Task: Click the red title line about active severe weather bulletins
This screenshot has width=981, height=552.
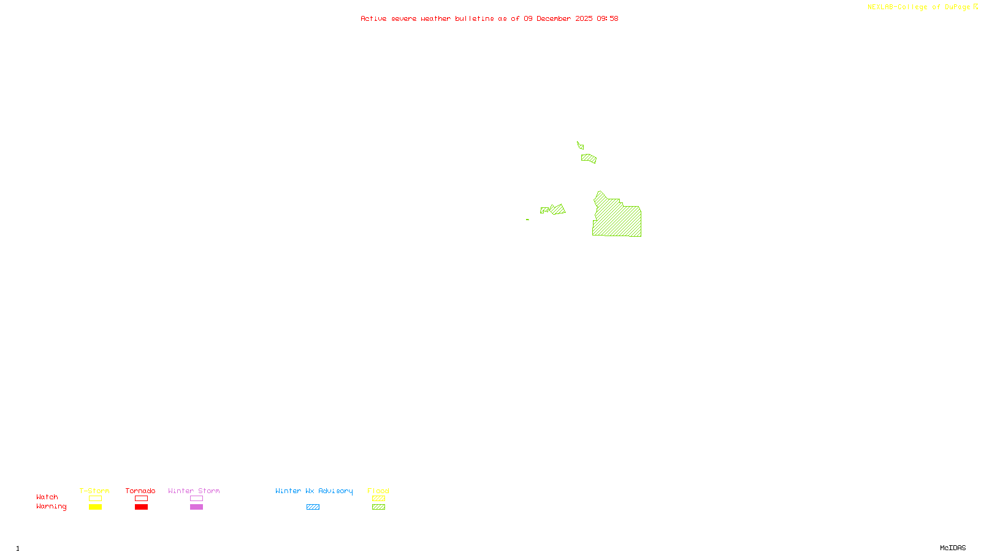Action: (x=489, y=18)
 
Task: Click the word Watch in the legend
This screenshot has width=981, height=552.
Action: (x=47, y=497)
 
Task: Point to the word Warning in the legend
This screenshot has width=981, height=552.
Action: (x=51, y=507)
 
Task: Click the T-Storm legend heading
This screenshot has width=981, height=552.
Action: (x=94, y=491)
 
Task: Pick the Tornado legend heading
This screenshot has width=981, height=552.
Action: (x=140, y=491)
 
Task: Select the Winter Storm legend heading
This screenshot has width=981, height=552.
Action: (x=194, y=491)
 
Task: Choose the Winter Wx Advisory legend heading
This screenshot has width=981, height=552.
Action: (x=314, y=491)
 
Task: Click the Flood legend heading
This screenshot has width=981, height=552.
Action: (x=378, y=491)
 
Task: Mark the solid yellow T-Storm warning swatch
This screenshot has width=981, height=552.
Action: (x=95, y=507)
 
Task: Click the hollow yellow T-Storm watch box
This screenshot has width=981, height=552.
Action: (x=95, y=499)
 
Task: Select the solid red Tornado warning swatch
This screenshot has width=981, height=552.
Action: (x=142, y=507)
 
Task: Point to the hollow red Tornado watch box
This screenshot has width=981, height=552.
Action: (x=142, y=499)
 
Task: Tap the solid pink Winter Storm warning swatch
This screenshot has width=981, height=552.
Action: (x=196, y=507)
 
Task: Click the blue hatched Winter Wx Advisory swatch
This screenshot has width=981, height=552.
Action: (x=313, y=507)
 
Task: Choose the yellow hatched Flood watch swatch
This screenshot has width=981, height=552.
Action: (x=378, y=499)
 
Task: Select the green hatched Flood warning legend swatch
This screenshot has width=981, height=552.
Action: (x=378, y=507)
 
